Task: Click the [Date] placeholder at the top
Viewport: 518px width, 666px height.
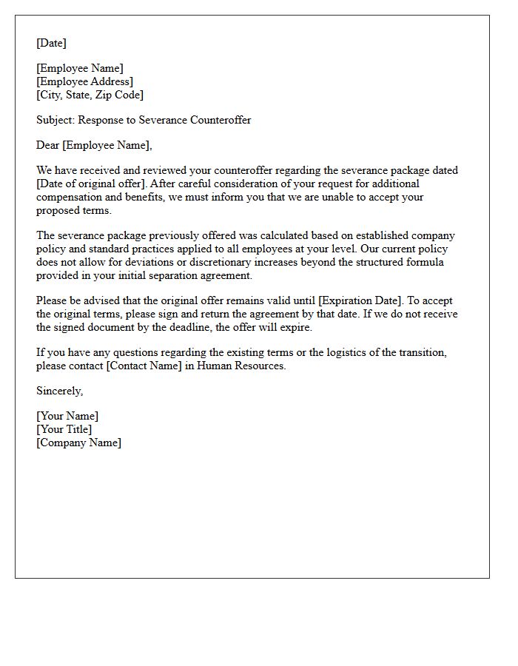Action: click(51, 43)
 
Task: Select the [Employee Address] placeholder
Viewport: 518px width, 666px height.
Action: click(85, 81)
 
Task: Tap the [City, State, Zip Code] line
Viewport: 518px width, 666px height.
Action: click(90, 95)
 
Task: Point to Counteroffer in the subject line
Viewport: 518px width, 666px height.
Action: click(221, 120)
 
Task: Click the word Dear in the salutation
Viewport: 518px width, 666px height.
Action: click(48, 145)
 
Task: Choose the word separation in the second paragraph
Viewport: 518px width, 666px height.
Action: click(173, 275)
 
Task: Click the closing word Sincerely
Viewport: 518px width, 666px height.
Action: click(59, 391)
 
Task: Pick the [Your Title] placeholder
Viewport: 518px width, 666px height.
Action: click(64, 429)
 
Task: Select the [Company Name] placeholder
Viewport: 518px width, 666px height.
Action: click(78, 443)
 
